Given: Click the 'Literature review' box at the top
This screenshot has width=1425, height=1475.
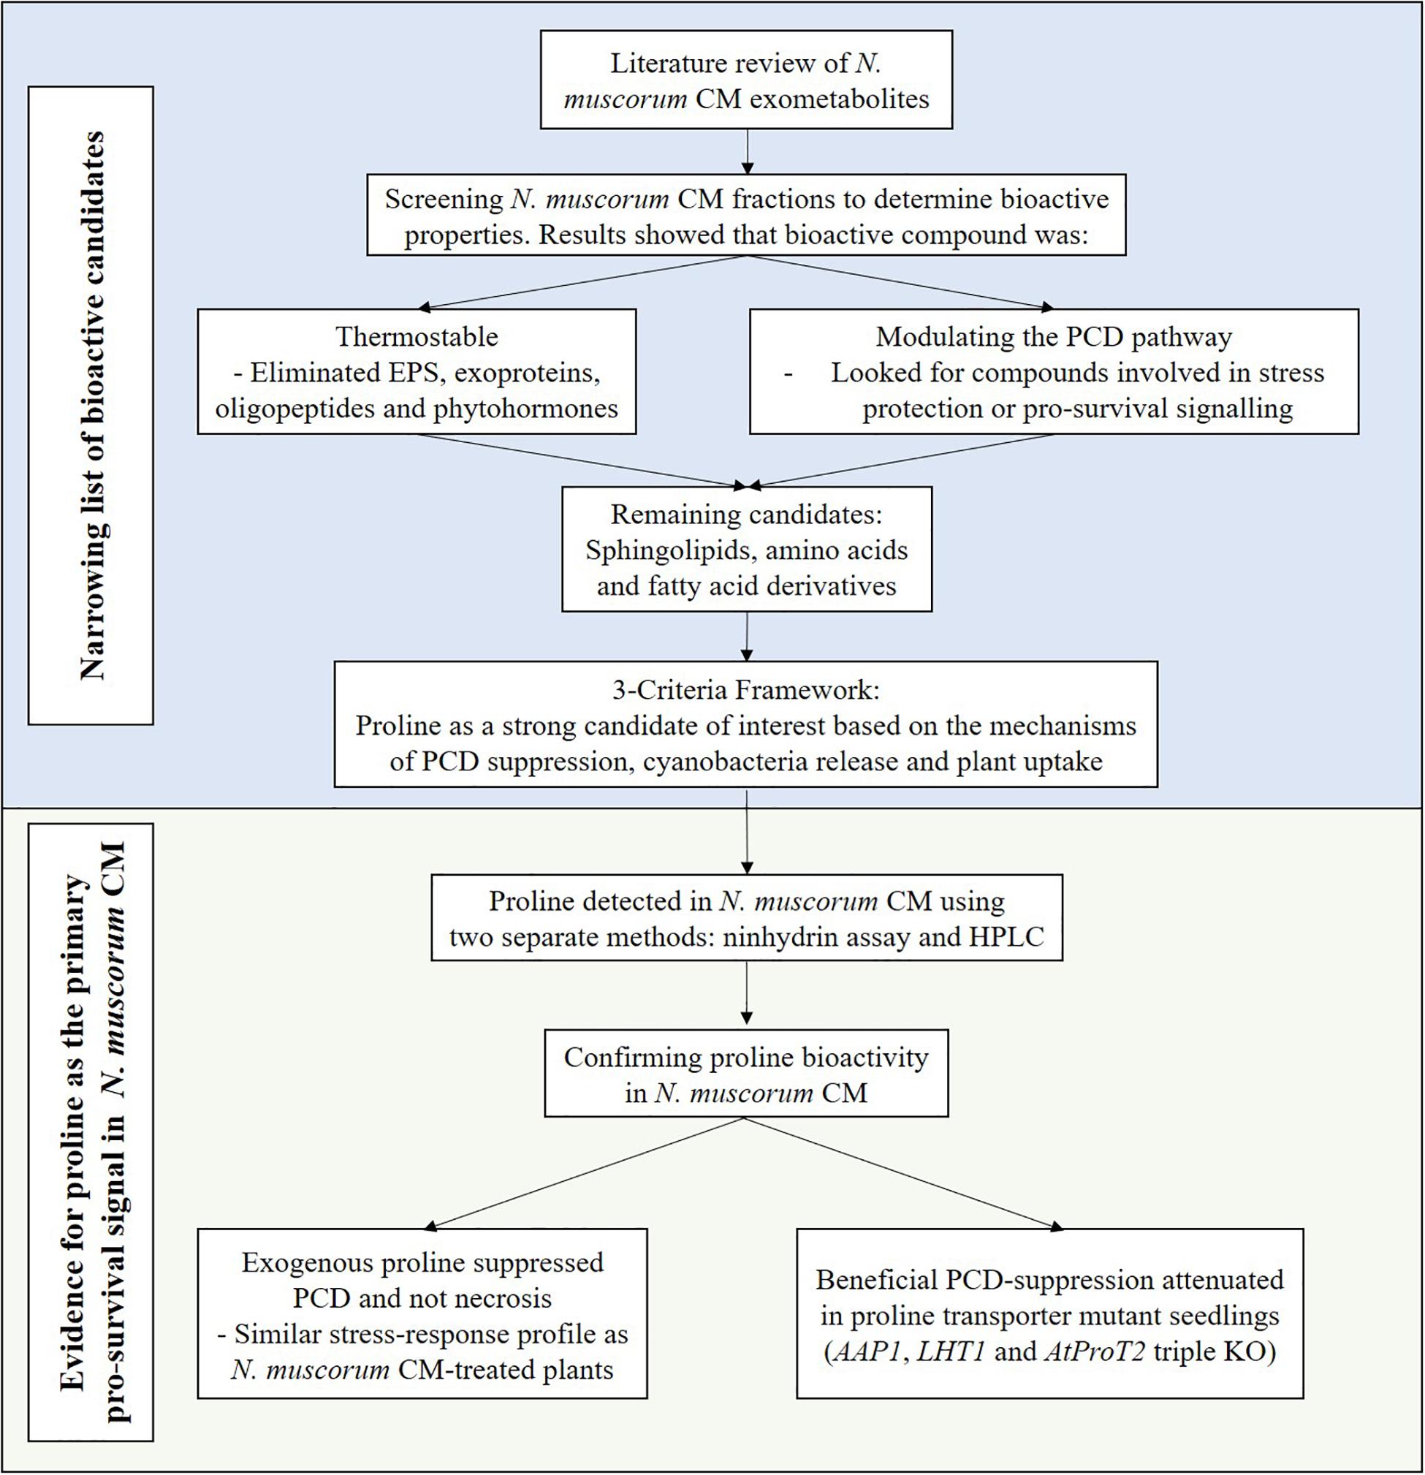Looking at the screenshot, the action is pos(746,80).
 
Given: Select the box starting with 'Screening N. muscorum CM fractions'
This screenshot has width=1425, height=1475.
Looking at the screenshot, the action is pos(746,215).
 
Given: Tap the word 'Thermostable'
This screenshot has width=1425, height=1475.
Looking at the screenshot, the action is pos(417,336).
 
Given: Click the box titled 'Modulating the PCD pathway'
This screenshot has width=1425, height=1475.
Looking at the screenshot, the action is pos(1054,372).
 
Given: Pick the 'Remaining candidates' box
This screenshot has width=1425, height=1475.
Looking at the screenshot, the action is pos(747,549).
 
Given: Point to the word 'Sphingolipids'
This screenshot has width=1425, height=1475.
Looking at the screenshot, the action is pos(662,550).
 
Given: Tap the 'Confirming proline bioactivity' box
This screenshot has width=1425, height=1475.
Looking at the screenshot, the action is pos(746,1073).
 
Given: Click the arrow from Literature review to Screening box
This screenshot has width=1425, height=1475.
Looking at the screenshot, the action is pos(746,152).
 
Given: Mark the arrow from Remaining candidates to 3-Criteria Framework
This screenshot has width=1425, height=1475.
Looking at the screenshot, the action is pos(746,637).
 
